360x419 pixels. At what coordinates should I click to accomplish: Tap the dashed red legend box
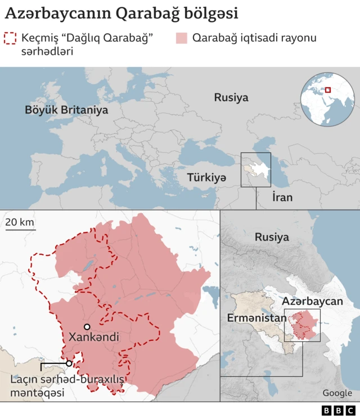10,39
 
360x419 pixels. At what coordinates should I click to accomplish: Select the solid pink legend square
181,39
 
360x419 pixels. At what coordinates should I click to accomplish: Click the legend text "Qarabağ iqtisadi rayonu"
254,38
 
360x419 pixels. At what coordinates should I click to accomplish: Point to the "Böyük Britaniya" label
66,110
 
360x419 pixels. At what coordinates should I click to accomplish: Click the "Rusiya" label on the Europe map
231,97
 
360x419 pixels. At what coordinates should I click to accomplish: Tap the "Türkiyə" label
206,177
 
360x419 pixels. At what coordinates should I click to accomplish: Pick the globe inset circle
327,99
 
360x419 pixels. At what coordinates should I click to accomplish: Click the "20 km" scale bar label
20,222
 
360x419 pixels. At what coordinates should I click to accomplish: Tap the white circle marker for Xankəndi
87,327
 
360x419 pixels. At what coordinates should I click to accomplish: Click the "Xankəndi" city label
93,337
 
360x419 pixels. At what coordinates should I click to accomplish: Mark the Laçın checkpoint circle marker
69,363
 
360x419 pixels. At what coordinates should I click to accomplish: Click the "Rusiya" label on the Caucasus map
272,237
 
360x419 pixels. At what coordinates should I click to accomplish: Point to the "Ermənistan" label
256,318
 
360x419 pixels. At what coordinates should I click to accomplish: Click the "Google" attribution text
337,393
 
